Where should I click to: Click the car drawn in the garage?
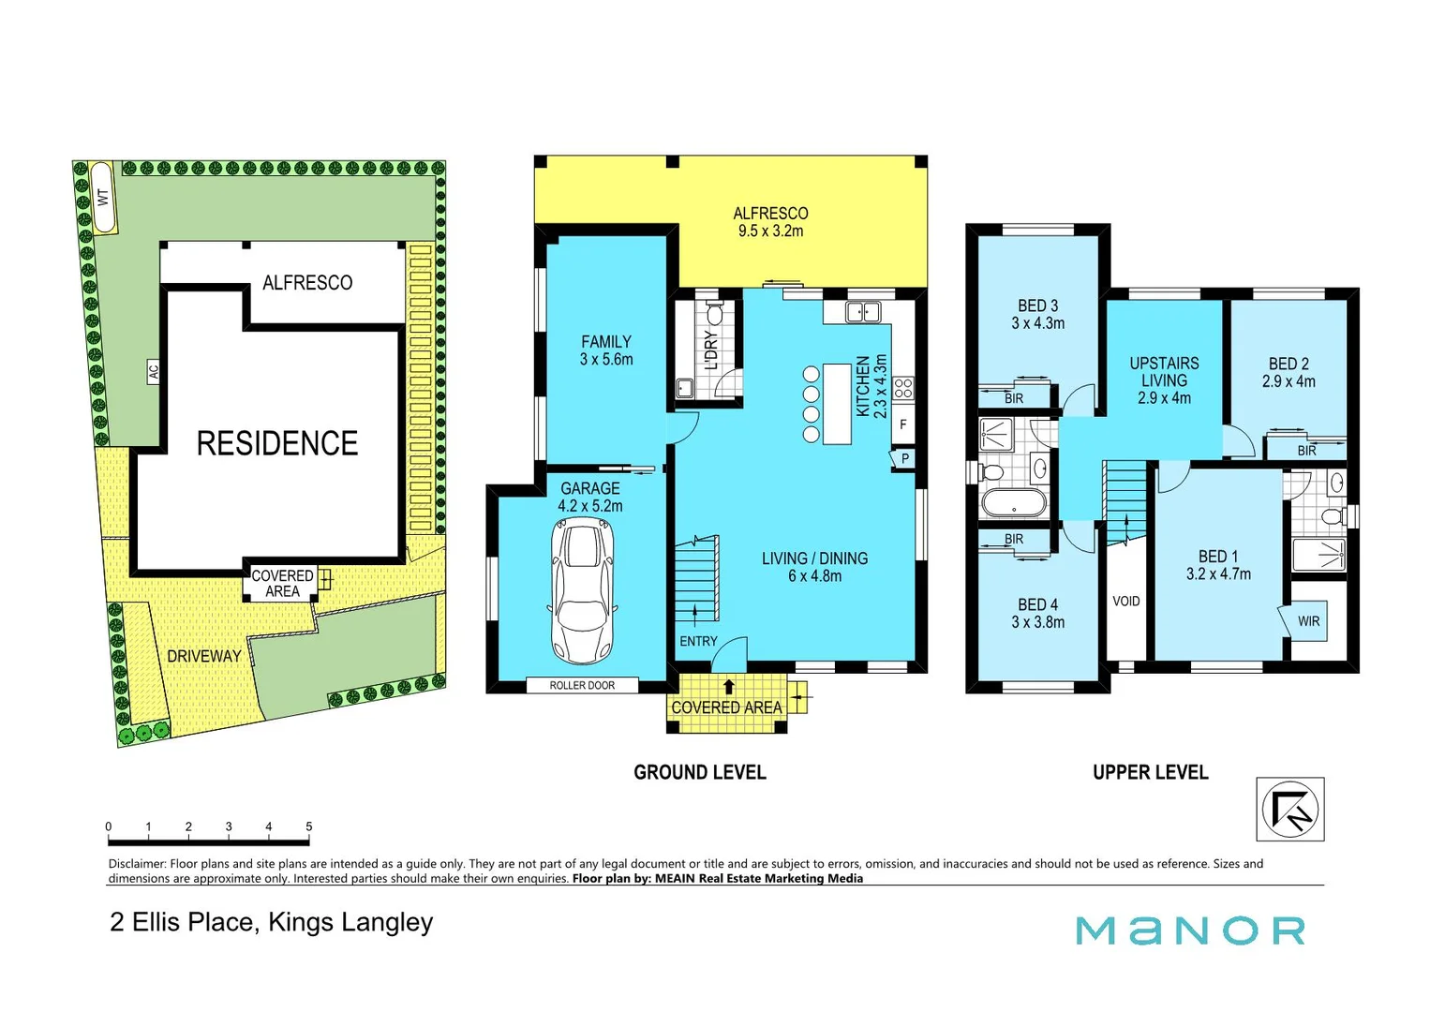[x=581, y=592]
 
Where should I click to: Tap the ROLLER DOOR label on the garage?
[x=582, y=685]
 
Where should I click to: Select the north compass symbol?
[x=1289, y=809]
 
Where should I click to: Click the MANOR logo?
[x=1190, y=930]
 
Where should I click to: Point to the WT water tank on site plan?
[x=103, y=198]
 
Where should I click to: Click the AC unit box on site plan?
[x=153, y=371]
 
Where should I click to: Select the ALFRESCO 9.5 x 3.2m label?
[x=770, y=222]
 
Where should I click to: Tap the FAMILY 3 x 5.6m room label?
[x=605, y=350]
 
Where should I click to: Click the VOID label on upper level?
[x=1125, y=601]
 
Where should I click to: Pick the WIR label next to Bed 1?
[x=1308, y=621]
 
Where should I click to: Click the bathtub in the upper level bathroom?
[x=1013, y=503]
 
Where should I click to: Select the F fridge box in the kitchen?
[x=902, y=424]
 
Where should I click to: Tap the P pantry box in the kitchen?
[x=904, y=459]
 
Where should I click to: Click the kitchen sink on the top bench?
[x=862, y=311]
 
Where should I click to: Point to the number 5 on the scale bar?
[x=308, y=826]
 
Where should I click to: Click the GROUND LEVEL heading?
[x=699, y=772]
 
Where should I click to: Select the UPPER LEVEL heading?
[x=1150, y=772]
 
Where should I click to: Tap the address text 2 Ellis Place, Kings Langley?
[x=271, y=922]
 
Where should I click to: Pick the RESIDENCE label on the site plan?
[x=276, y=443]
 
